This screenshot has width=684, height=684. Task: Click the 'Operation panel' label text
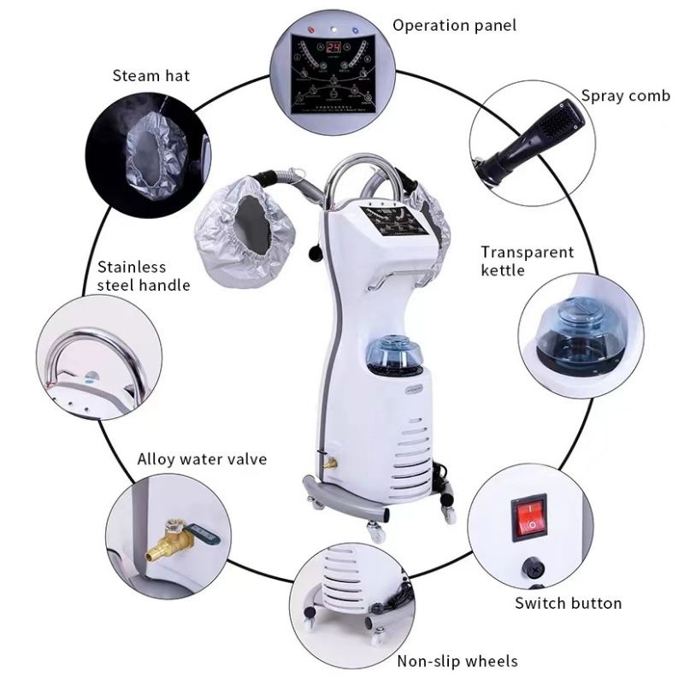tap(454, 25)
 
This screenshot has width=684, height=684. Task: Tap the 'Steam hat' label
tap(151, 75)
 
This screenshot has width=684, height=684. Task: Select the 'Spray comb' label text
tap(625, 95)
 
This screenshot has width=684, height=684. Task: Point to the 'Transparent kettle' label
tap(527, 261)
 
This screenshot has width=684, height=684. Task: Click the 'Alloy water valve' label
tap(202, 459)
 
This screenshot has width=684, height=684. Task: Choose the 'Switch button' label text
tap(568, 603)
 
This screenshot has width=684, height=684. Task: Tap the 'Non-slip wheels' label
tap(457, 661)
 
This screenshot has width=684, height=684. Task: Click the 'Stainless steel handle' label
tap(143, 275)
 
